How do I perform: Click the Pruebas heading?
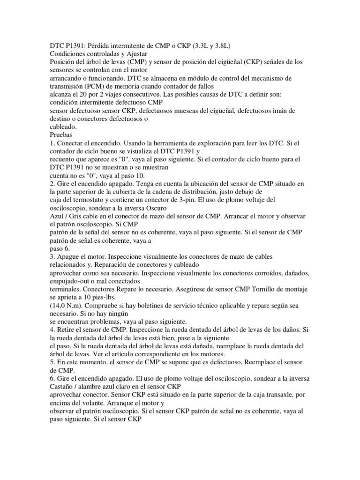point(64,134)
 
